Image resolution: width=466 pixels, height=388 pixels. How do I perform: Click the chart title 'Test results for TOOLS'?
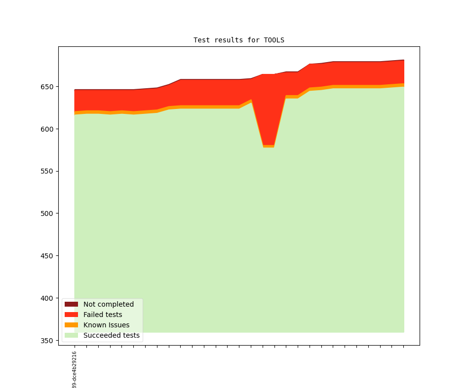click(x=238, y=40)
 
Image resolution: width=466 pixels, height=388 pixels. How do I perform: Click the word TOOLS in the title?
click(x=274, y=40)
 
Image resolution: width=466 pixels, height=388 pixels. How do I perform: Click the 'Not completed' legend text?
click(x=108, y=304)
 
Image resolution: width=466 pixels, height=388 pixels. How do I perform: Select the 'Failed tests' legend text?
click(x=103, y=315)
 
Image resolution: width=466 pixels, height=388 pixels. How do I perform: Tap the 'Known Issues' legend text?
click(x=106, y=325)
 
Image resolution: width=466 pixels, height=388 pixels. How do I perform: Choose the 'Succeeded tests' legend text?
click(x=111, y=335)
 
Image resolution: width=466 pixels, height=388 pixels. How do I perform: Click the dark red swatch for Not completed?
click(x=71, y=304)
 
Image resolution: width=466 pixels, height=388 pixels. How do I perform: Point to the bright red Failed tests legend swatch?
click(x=71, y=315)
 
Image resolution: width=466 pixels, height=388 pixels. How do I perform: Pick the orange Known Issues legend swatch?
click(x=71, y=325)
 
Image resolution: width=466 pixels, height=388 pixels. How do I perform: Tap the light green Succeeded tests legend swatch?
click(x=71, y=335)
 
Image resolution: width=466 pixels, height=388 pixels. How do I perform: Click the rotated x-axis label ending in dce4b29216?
click(x=75, y=370)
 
